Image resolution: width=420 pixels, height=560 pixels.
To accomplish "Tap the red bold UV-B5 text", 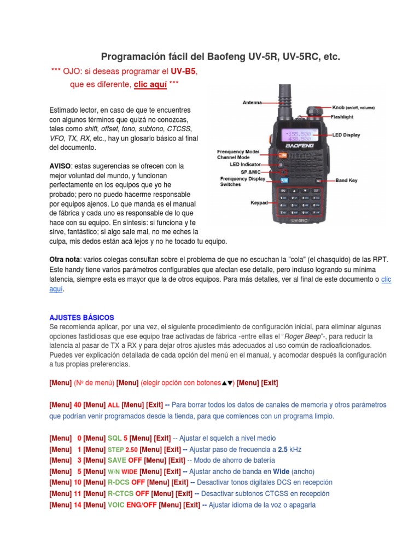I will coord(183,72).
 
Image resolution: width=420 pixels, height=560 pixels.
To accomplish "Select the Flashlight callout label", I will coord(342,116).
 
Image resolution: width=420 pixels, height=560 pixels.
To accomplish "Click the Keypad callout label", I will coord(259,202).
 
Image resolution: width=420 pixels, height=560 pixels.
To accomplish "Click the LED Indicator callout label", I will coord(246,164).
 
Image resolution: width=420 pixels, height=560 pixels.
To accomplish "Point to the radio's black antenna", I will coord(285,104).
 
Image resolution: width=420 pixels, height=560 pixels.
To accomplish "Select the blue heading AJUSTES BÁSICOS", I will coord(81,317).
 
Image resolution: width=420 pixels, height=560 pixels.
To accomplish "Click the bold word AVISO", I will coord(60,166).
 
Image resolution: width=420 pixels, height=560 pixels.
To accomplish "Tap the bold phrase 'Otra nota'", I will coord(64,259).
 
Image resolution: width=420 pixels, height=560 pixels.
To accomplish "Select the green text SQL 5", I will coord(118,438).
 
